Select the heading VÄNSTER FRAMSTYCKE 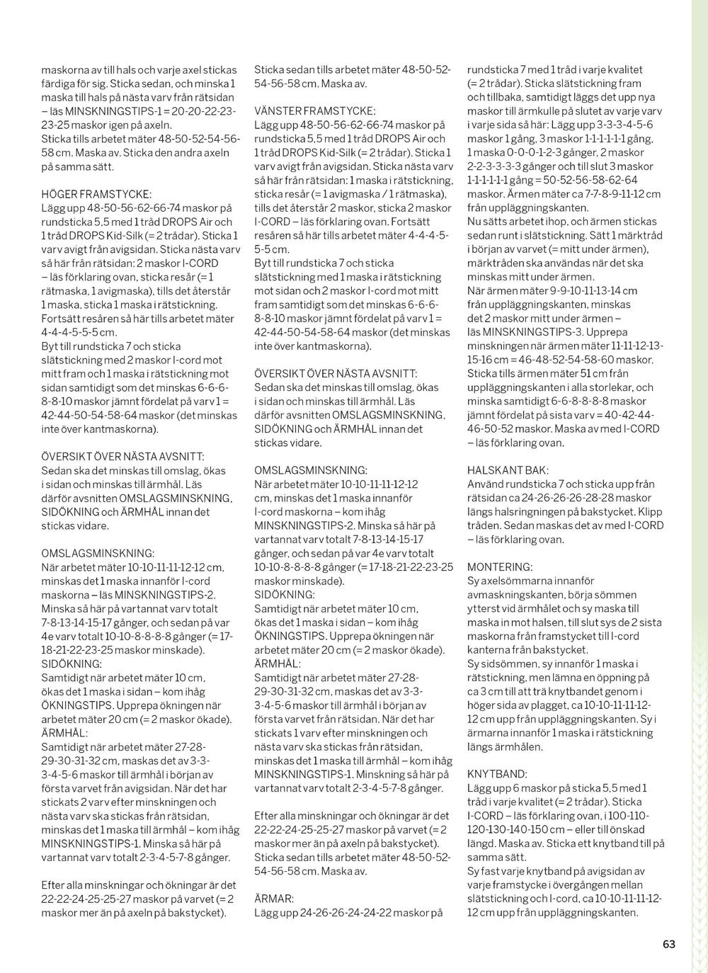click(x=315, y=111)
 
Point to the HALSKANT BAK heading click(x=507, y=470)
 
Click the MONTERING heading click(x=500, y=567)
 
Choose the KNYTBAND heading click(x=497, y=774)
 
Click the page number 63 click(x=669, y=944)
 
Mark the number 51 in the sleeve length click(x=586, y=373)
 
